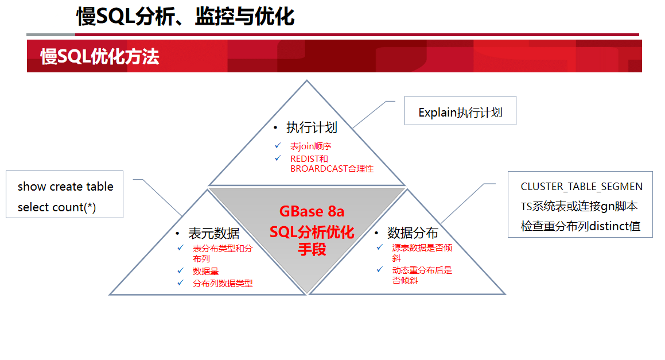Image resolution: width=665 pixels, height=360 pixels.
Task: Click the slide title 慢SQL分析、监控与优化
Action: coord(185,17)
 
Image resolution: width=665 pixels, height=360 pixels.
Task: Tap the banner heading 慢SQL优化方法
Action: coord(100,56)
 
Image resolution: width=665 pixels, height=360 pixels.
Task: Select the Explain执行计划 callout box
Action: coord(460,110)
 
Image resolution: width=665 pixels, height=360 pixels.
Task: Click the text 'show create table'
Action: coord(65,187)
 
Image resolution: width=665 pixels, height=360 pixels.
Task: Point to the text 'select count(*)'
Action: coord(57,207)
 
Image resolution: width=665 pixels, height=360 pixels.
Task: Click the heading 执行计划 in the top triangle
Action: coord(312,127)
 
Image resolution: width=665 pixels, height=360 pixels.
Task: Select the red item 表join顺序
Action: coord(310,146)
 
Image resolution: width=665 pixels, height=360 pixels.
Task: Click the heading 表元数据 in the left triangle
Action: coord(214,233)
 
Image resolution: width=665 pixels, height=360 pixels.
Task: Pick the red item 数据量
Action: coord(205,271)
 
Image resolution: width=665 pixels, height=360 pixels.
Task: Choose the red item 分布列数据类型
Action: coord(223,283)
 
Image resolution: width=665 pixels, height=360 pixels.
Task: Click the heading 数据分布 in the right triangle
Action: coord(413,233)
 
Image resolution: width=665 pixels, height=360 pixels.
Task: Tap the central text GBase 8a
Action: coord(312,211)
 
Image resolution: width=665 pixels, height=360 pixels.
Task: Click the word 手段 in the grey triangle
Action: coord(312,249)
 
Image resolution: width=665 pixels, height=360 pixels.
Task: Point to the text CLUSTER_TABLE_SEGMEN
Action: coord(581,187)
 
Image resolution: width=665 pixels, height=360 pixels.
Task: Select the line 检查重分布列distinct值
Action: coord(581,226)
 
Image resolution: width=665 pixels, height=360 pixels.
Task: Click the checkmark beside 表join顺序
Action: coord(278,146)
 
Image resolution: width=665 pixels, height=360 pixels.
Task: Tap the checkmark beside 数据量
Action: coord(180,270)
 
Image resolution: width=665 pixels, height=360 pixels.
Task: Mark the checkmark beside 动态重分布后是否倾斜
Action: coord(380,269)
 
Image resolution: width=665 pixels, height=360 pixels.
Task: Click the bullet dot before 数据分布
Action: coord(376,233)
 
